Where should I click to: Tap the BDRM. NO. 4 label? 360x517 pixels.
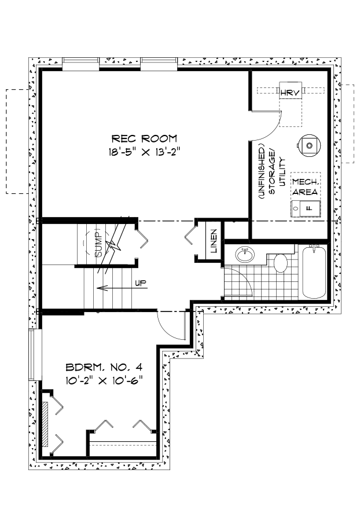[x=104, y=367]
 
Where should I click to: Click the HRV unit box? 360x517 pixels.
[x=288, y=92]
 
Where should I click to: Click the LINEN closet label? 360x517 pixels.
[x=214, y=241]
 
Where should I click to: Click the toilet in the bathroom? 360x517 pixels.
[x=281, y=263]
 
